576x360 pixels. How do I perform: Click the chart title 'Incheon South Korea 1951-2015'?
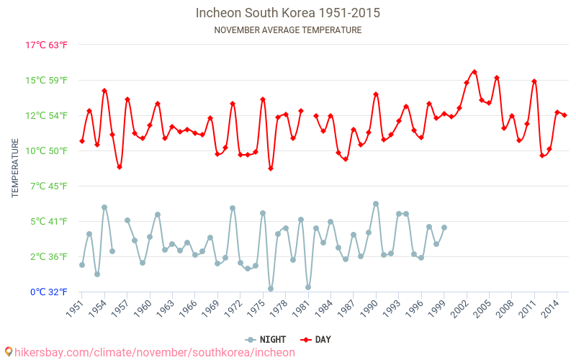click(x=287, y=13)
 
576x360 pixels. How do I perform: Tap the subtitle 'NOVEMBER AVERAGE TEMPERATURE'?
click(x=287, y=30)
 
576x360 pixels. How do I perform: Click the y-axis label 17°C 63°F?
click(x=46, y=45)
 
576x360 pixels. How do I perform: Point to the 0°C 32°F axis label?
click(x=48, y=292)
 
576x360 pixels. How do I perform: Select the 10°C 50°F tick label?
click(x=46, y=150)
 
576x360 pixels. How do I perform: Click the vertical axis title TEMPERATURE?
click(x=15, y=168)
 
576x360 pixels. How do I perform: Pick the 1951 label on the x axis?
click(x=75, y=309)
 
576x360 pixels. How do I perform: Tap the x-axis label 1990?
click(x=369, y=309)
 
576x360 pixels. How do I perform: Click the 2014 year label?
click(x=550, y=309)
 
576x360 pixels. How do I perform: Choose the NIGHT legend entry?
click(x=265, y=340)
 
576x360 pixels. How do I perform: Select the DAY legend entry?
click(x=315, y=340)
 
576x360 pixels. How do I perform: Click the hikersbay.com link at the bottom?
click(x=155, y=352)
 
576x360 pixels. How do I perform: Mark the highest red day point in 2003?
click(x=474, y=72)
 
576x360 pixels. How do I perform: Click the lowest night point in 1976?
click(x=271, y=289)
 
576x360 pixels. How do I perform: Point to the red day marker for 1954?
click(x=104, y=91)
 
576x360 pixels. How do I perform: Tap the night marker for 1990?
click(x=376, y=204)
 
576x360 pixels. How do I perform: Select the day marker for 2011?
click(x=534, y=81)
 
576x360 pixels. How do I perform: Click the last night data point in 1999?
click(x=444, y=228)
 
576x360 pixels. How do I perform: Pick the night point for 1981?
click(x=308, y=287)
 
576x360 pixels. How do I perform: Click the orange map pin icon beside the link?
click(x=9, y=352)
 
